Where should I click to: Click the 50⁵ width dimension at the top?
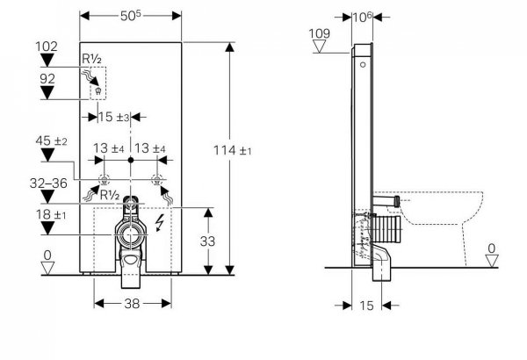pos(131,16)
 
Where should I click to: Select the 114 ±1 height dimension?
pos(233,150)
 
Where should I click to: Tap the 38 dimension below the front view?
pos(132,304)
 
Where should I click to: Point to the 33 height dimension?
pos(207,241)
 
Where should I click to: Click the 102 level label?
pos(47,47)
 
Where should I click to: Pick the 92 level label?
pos(47,79)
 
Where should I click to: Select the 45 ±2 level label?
pos(51,140)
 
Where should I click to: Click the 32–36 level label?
pos(48,184)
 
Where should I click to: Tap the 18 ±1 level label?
pos(51,214)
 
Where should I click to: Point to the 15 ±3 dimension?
pos(113,117)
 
